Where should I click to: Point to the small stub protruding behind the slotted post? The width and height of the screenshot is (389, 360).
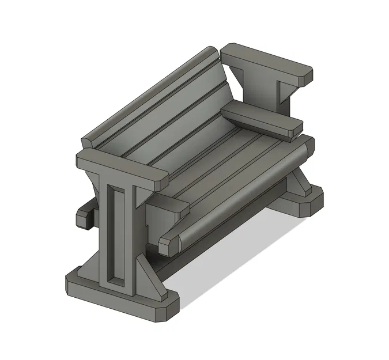[85, 215]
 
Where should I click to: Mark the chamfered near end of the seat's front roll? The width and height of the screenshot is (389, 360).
[168, 244]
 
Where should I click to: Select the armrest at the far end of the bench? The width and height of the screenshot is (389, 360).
[262, 119]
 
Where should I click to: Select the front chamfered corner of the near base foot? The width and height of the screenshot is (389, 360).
[167, 311]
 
